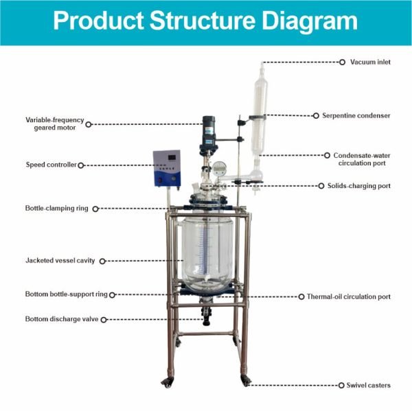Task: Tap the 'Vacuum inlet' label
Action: tap(369, 62)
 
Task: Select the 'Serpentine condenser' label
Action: tap(356, 115)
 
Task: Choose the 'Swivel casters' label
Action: tap(368, 385)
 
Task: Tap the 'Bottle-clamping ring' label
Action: tap(57, 207)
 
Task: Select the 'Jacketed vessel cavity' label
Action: tap(60, 261)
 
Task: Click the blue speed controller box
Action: tap(165, 169)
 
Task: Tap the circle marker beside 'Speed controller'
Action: tap(82, 165)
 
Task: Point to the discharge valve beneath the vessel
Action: tap(205, 314)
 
